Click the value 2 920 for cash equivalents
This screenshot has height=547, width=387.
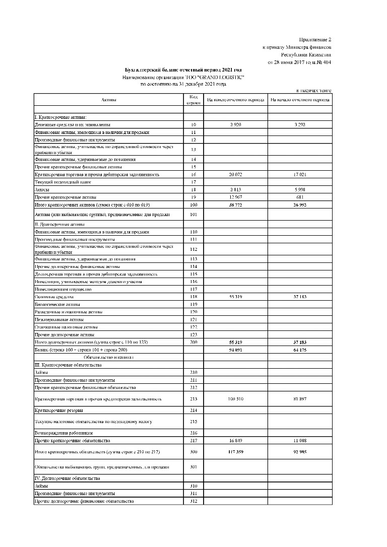point(235,124)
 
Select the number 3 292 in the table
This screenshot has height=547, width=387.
point(300,124)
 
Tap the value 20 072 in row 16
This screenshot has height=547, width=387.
point(235,174)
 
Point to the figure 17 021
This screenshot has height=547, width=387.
point(300,174)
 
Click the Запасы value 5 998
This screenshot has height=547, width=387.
point(300,189)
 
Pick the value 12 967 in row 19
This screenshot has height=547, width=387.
point(235,197)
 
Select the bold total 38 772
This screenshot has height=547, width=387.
point(235,204)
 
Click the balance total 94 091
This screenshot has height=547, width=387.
point(235,349)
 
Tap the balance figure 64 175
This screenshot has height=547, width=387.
point(300,349)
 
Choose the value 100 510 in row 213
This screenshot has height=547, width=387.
point(235,399)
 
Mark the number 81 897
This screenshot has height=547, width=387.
point(300,399)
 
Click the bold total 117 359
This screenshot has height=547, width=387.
point(235,452)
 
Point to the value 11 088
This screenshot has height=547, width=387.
point(300,440)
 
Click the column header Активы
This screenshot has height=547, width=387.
point(108,100)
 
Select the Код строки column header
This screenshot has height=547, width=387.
point(193,99)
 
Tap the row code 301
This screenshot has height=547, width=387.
point(193,467)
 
